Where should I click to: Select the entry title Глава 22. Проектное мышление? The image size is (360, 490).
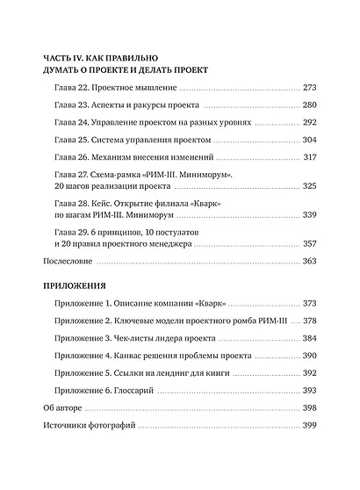[115, 89]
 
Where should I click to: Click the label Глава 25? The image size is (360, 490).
[71, 140]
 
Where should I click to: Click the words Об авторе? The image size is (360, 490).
[63, 407]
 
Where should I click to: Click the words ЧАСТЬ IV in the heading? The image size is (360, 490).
[67, 54]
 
